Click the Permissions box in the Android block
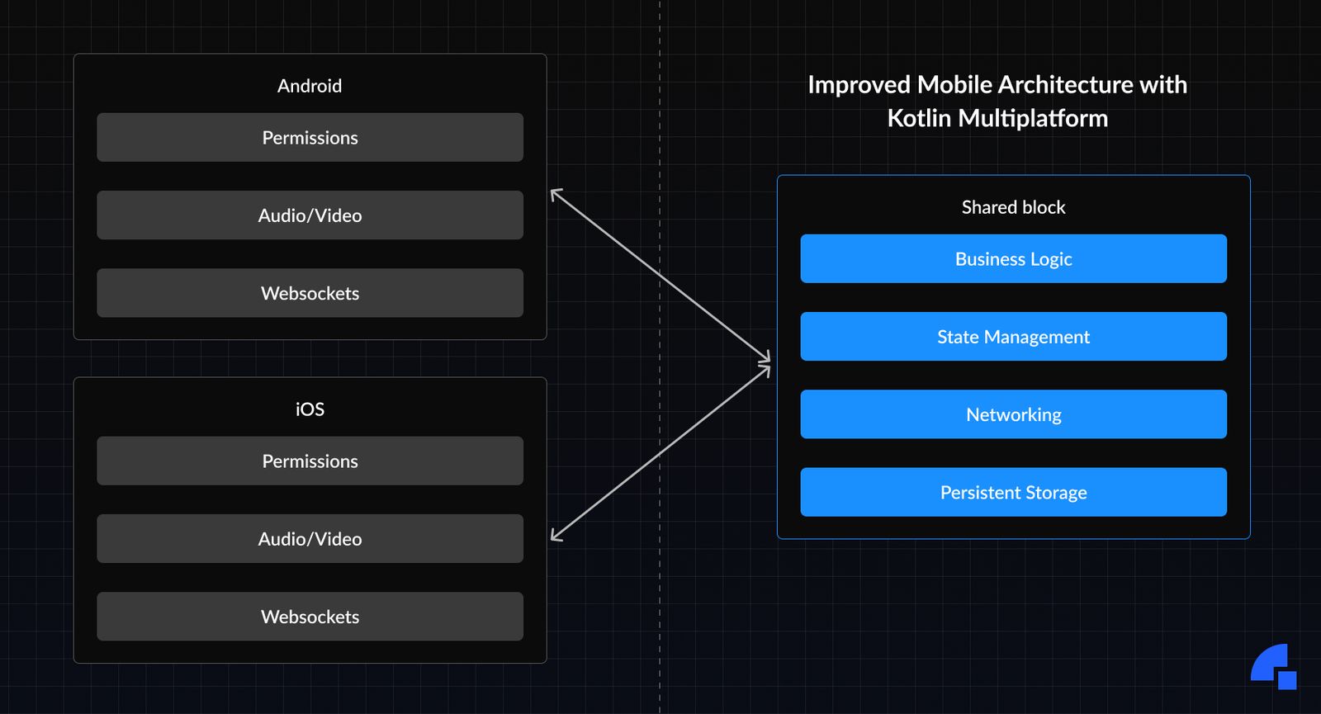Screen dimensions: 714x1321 coord(310,138)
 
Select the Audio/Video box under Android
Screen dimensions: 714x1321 coord(310,215)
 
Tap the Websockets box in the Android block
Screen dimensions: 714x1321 coord(310,293)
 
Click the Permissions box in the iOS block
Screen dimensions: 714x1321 coord(310,461)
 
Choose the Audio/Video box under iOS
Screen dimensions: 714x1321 coord(310,539)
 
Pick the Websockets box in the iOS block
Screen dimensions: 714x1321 coord(310,617)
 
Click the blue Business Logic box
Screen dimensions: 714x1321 coord(1013,259)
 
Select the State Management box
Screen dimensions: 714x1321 coord(1013,337)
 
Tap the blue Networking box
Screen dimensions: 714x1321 coord(1013,414)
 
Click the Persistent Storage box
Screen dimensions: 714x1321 coord(1013,493)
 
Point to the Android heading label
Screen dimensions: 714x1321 coord(310,86)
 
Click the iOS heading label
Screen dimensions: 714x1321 coord(310,409)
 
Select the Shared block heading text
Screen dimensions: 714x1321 coord(1013,207)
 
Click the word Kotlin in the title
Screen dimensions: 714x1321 coord(919,119)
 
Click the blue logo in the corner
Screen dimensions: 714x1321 coord(1273,666)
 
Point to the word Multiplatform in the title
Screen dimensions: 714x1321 coord(1033,119)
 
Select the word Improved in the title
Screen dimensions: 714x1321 coord(859,85)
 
